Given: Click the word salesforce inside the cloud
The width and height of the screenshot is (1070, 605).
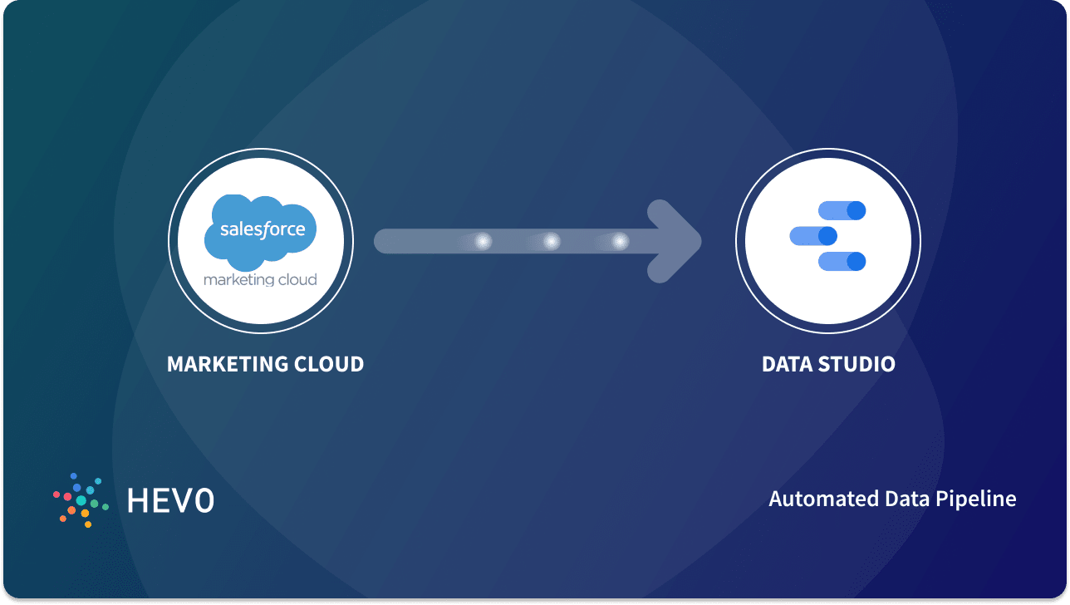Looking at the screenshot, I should [263, 229].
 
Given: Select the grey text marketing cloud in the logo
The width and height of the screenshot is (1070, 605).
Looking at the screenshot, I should [260, 279].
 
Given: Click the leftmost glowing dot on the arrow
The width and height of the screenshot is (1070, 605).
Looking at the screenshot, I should [483, 241].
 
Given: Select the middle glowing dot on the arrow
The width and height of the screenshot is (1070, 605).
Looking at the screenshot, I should [551, 241].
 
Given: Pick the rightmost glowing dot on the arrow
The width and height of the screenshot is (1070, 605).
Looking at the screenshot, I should [619, 241].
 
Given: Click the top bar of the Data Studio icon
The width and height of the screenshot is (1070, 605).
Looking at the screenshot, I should [842, 210].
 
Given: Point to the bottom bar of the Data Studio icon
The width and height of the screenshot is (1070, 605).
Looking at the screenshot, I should [842, 262].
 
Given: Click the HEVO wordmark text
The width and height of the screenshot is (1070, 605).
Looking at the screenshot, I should [170, 500].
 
